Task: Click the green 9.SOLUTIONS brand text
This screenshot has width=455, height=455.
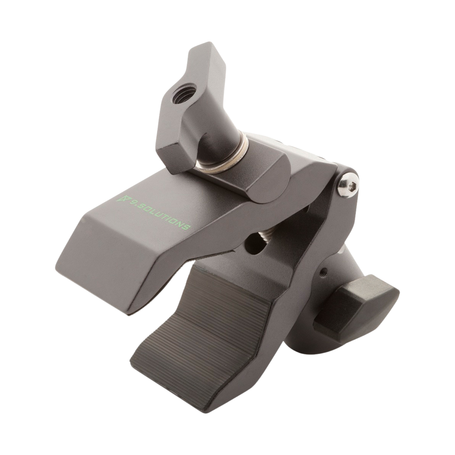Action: pyautogui.click(x=155, y=212)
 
